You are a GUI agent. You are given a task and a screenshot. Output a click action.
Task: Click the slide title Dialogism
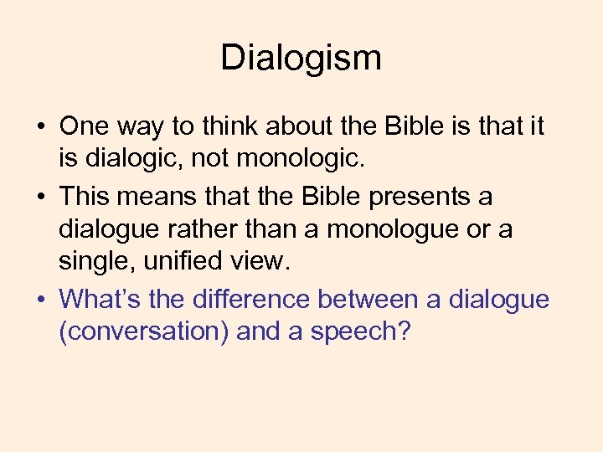click(x=301, y=58)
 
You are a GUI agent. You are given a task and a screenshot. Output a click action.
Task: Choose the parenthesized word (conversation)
click(x=143, y=331)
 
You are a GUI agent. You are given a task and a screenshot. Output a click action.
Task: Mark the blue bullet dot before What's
click(x=40, y=300)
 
